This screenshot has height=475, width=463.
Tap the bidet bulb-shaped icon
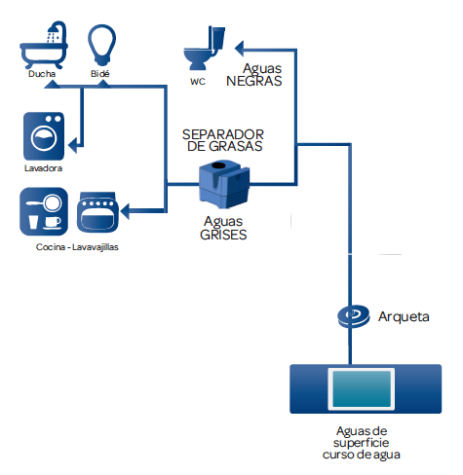[101, 45]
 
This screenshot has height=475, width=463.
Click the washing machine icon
[44, 135]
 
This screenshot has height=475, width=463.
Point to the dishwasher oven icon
[97, 214]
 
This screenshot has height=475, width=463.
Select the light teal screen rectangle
[362, 389]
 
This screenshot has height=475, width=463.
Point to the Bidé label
[101, 73]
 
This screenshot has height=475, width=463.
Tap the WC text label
[198, 83]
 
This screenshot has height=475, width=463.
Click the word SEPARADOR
[223, 133]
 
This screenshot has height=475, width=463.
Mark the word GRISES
[223, 235]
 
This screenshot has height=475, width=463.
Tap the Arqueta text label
[403, 316]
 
